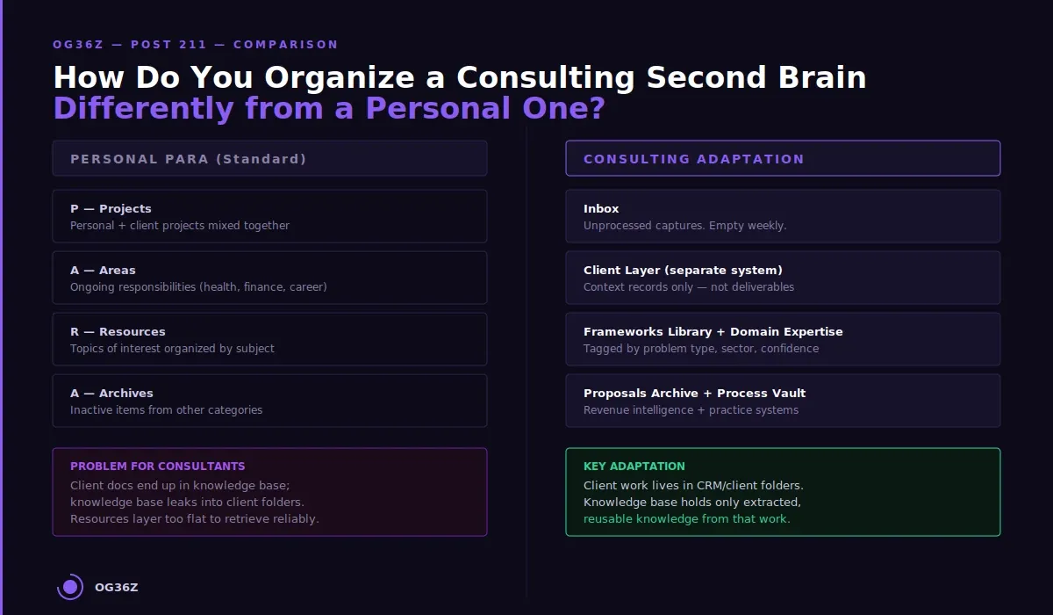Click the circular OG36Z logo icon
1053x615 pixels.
(70, 587)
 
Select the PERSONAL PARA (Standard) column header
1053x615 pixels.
(189, 159)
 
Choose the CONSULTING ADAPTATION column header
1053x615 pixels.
(693, 159)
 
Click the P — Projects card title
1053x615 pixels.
(111, 208)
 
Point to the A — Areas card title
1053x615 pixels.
(103, 270)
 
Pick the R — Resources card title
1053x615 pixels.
(118, 331)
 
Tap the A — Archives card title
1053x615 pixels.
(111, 393)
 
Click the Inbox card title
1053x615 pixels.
(601, 208)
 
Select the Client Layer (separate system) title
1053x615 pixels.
(683, 270)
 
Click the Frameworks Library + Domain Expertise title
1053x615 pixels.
(713, 331)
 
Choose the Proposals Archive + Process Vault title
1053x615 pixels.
(694, 393)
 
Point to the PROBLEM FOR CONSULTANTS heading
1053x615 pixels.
(158, 467)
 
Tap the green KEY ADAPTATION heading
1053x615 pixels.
(634, 467)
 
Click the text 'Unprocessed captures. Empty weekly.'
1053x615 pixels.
(684, 226)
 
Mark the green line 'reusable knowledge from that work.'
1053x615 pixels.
(686, 519)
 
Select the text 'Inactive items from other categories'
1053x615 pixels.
(166, 410)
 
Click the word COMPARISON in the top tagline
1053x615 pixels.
(285, 45)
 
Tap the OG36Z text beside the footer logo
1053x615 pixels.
(117, 588)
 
